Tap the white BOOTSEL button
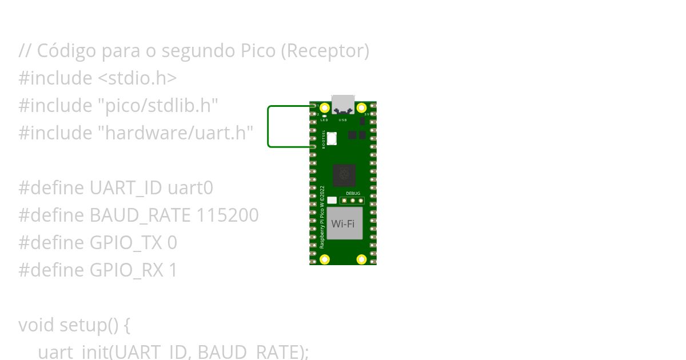click(332, 138)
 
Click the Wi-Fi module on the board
click(344, 223)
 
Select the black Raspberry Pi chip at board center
click(344, 175)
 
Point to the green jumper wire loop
click(268, 126)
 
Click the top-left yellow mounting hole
click(325, 107)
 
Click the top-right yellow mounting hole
click(361, 107)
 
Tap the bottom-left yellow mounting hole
click(325, 259)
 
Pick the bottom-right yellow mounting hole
click(361, 259)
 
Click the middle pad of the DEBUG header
click(353, 201)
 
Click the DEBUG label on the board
click(353, 194)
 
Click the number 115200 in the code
click(228, 215)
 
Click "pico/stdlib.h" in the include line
click(158, 106)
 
